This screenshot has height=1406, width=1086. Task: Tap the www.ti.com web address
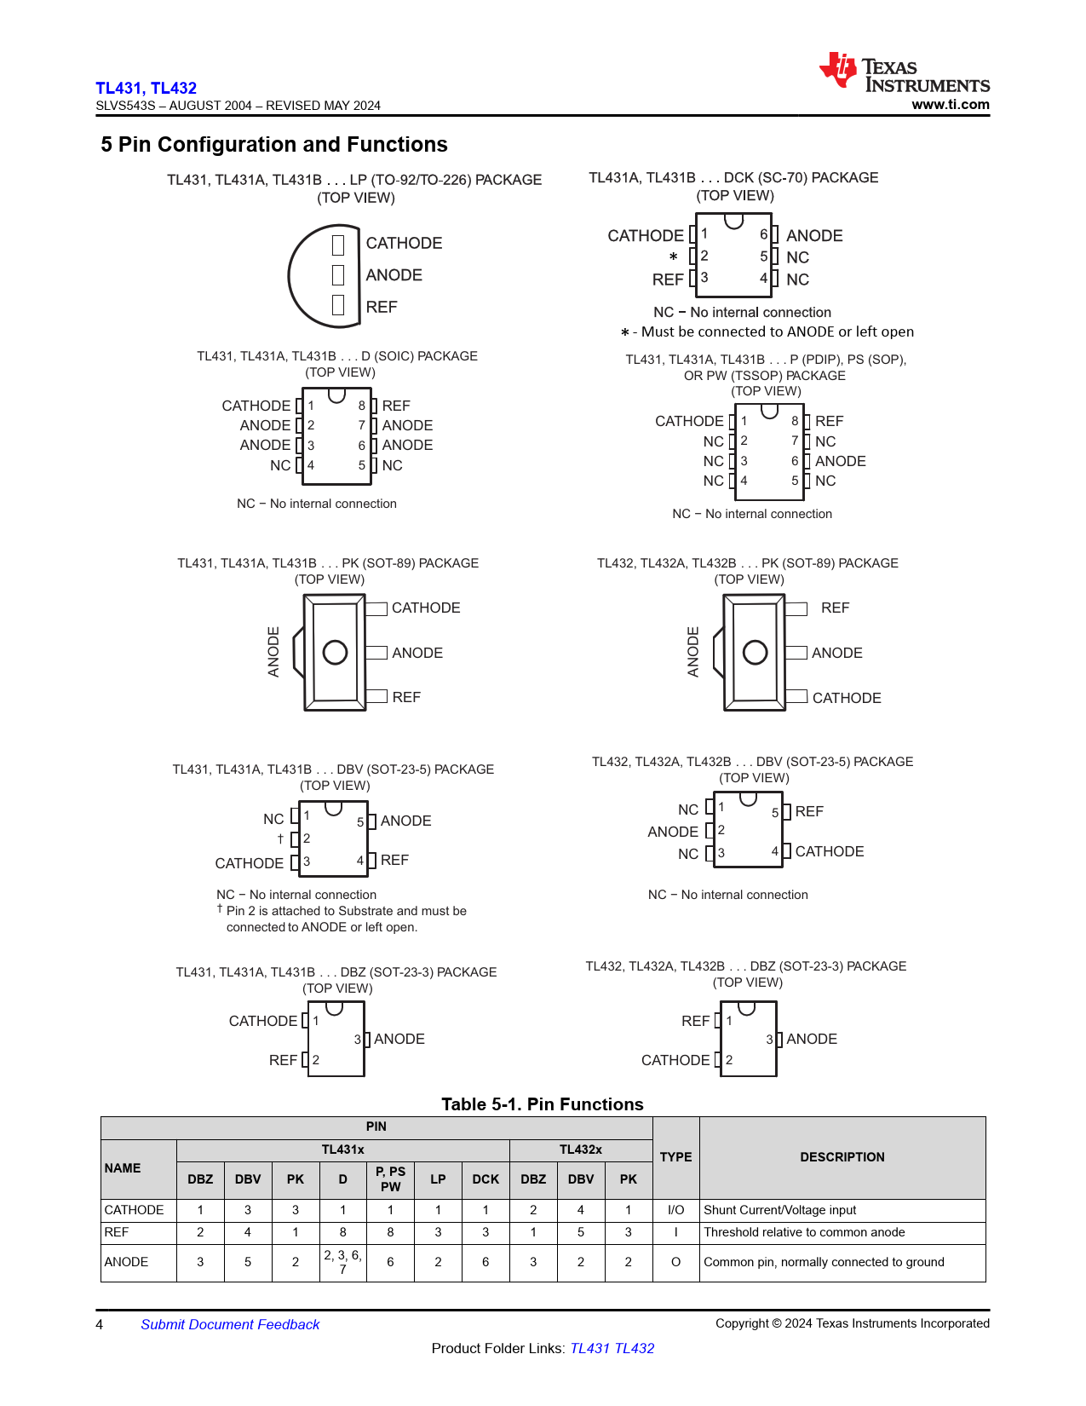[x=950, y=105]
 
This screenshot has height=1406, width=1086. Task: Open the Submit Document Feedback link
[x=230, y=1324]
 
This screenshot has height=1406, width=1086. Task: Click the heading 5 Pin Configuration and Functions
[x=274, y=145]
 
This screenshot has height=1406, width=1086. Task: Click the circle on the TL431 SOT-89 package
[x=335, y=653]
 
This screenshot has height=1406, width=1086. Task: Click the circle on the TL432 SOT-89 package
[x=755, y=653]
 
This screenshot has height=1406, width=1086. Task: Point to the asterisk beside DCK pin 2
[x=673, y=256]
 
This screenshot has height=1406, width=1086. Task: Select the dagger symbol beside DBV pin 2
[x=280, y=839]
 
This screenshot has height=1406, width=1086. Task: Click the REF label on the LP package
[x=382, y=307]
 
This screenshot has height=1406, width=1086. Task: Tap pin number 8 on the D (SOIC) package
[x=362, y=406]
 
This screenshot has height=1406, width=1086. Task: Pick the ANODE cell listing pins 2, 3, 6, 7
[x=342, y=1262]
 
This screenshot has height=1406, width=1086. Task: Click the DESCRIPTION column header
[x=842, y=1157]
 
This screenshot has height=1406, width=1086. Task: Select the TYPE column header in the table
[x=675, y=1157]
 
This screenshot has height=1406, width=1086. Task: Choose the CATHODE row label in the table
[x=135, y=1210]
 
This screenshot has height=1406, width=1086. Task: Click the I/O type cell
[x=675, y=1210]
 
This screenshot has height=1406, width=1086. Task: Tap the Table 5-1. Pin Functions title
[x=543, y=1104]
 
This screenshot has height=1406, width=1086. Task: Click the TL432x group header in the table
[x=580, y=1150]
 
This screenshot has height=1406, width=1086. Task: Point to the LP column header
[x=438, y=1179]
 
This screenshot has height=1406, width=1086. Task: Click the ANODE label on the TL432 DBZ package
[x=812, y=1039]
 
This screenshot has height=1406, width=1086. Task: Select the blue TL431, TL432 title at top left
[x=146, y=88]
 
